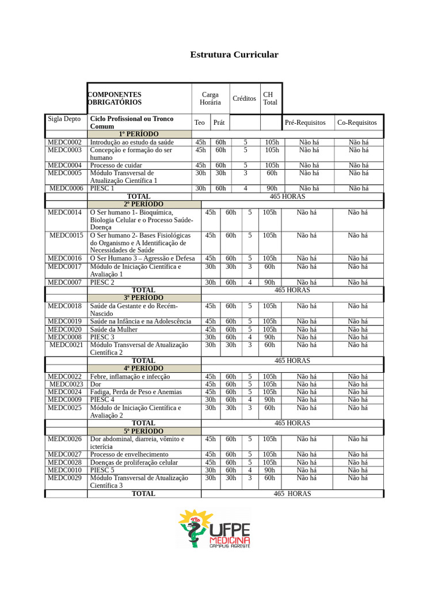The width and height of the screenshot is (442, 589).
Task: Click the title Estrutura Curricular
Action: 234,55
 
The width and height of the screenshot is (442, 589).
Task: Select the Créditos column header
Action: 244,98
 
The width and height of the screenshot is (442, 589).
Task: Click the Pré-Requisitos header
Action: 305,123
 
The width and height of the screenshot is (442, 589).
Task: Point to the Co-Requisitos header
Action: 357,123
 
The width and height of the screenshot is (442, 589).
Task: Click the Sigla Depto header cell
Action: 64,119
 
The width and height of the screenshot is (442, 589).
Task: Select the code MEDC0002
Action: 64,142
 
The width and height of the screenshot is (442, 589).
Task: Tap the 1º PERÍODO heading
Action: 139,134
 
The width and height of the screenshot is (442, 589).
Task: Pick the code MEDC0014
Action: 64,212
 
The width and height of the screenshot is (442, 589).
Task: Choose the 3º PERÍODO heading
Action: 143,298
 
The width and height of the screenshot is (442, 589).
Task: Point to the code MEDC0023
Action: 66,384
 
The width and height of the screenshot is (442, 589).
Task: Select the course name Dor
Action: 96,384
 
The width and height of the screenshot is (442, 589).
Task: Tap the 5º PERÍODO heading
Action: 143,431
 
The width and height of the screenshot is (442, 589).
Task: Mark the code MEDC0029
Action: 64,478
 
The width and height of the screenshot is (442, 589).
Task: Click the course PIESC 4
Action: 102,400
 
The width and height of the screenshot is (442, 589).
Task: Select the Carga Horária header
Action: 210,98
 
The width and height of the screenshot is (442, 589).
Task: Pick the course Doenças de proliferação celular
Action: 134,462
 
